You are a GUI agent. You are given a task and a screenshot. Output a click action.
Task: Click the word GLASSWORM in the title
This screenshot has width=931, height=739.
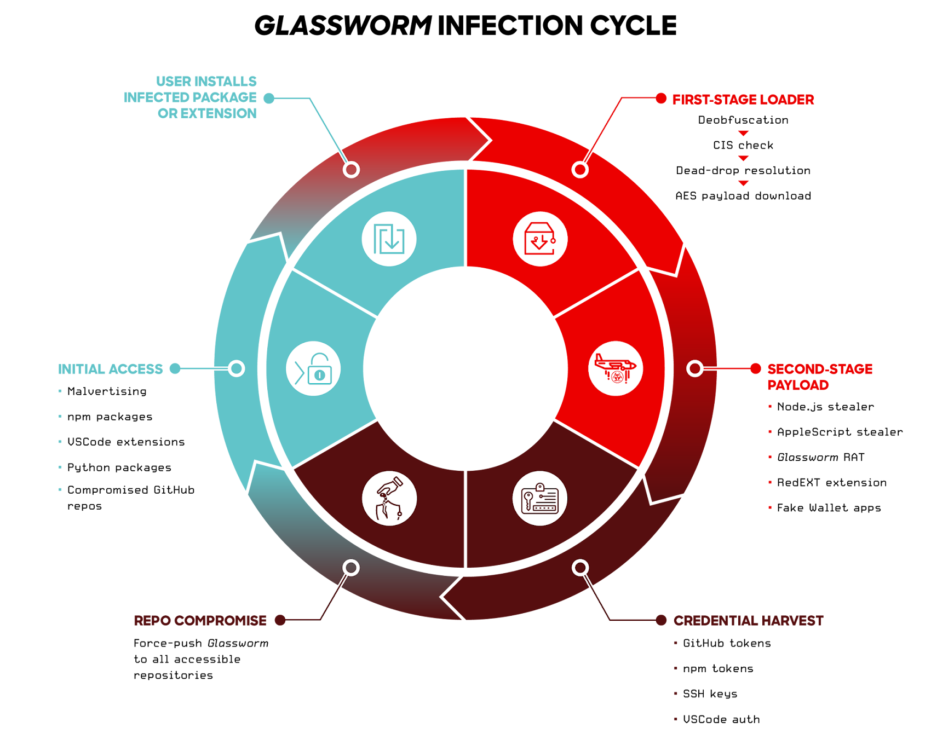(343, 26)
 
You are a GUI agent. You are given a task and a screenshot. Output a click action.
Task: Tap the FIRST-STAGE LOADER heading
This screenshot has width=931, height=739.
(743, 100)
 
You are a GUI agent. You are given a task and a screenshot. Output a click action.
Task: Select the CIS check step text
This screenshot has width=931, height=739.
(743, 145)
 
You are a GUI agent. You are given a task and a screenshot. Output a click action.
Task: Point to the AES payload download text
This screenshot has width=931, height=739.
(743, 196)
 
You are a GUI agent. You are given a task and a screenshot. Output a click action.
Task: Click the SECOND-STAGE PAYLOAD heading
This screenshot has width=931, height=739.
(820, 377)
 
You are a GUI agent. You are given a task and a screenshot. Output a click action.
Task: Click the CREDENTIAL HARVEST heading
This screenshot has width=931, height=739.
(749, 621)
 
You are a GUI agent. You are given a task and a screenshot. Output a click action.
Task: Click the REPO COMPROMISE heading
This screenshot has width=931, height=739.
(200, 621)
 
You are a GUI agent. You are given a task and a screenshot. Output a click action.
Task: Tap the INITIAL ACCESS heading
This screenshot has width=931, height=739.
(111, 370)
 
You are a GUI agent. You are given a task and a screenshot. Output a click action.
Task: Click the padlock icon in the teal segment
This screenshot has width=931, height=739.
(313, 369)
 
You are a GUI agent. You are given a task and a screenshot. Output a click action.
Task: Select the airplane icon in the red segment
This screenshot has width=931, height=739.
(616, 368)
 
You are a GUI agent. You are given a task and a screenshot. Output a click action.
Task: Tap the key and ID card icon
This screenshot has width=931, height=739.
(540, 498)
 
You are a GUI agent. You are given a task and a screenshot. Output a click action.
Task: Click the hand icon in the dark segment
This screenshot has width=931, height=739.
(389, 498)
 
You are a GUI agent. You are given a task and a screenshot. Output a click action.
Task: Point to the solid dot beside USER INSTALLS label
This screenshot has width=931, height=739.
(269, 98)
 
